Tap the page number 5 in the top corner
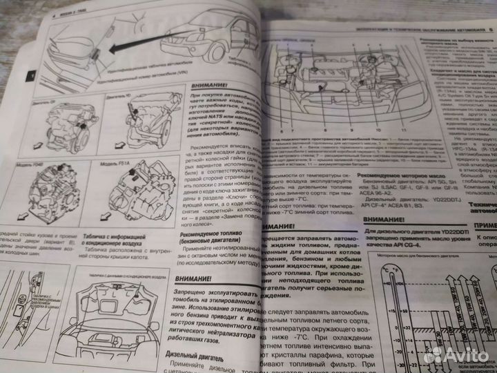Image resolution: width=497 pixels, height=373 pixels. click(x=489, y=29)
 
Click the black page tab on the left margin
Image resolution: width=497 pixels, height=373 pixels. click(x=28, y=74)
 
